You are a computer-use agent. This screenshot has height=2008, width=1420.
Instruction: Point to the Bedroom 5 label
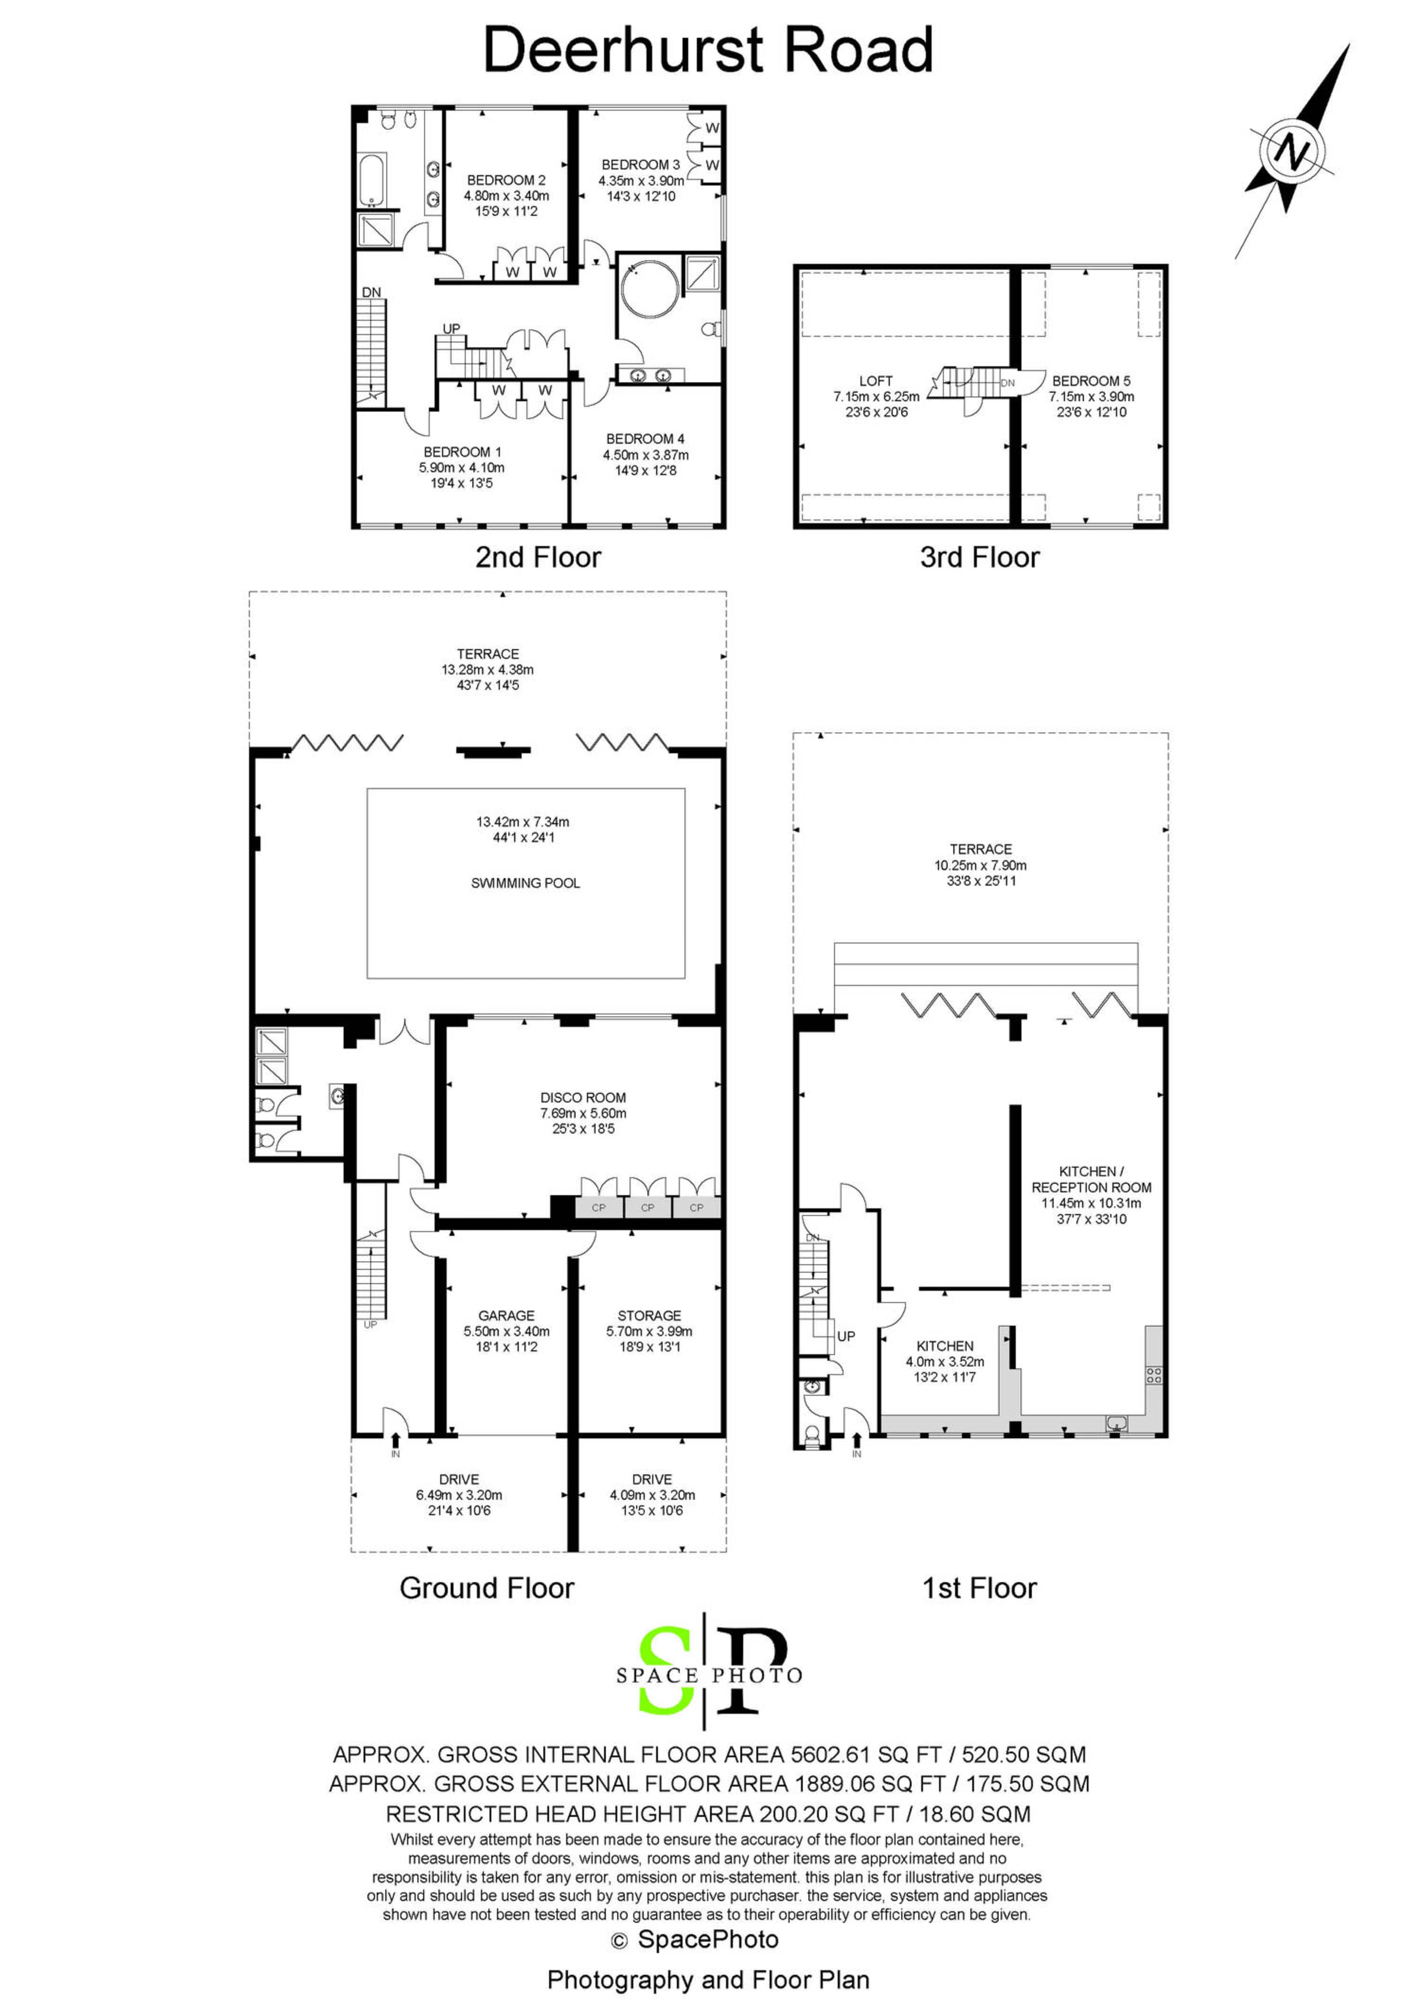pos(1091,381)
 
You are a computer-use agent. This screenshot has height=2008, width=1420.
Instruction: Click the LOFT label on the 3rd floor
pos(876,381)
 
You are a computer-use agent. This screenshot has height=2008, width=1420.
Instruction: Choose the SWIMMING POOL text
pos(525,883)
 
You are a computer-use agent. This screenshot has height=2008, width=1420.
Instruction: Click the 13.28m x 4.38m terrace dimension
pos(487,670)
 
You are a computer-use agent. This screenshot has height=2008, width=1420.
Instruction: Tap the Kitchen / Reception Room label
pos(1091,1179)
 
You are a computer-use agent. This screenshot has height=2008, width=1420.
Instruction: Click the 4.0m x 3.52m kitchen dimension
pos(945,1362)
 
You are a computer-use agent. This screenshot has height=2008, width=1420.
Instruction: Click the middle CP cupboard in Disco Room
pos(648,1208)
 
